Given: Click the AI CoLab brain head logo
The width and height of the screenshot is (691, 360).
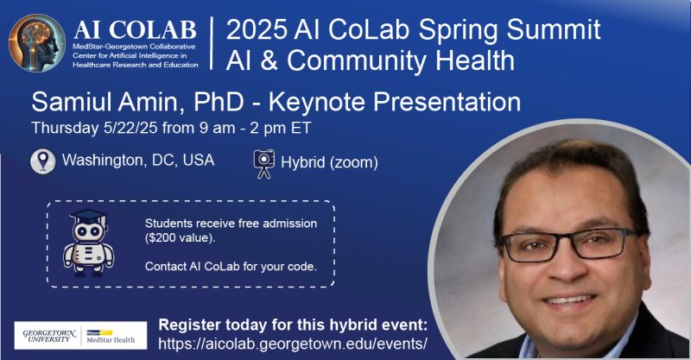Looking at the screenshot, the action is [37, 43].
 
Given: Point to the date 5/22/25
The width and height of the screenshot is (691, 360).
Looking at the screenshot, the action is [131, 128].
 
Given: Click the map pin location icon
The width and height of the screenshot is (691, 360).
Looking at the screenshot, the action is [42, 161].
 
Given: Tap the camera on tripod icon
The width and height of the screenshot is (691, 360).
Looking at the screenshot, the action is [264, 164].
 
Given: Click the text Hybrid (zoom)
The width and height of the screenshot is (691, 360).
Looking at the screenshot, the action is [330, 162].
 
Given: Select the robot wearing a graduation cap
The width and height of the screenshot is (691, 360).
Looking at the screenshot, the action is [89, 243].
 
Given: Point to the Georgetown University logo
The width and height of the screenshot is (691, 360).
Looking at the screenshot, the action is [49, 335].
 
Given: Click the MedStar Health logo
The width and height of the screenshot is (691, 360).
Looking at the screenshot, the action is [111, 336].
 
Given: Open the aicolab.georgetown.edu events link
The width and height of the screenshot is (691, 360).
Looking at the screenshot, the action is [293, 344].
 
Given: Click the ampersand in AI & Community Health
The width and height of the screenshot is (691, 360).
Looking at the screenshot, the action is [269, 60].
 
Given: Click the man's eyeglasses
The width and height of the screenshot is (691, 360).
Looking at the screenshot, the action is [568, 243].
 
